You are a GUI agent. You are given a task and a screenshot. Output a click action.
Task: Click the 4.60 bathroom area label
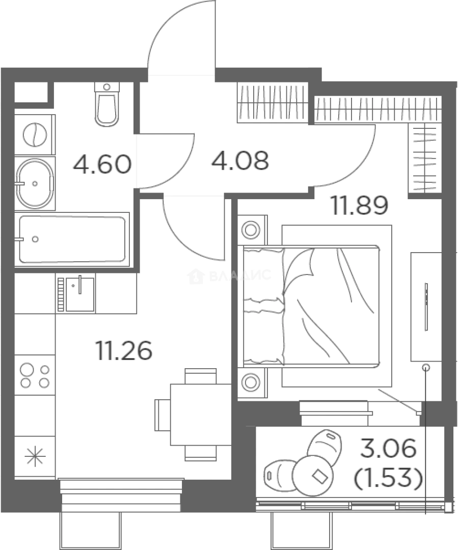coord(102,164)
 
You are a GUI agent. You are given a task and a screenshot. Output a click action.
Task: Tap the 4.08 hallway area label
coord(240,160)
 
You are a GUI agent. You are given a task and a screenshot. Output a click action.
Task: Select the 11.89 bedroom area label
coord(360,205)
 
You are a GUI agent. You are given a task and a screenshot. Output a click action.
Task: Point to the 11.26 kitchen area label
coord(124,350)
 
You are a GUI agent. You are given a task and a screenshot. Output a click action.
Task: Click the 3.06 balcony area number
coord(389,448)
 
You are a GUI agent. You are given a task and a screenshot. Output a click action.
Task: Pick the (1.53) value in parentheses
coord(388,478)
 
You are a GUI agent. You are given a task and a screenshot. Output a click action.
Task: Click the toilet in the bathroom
coord(106,104)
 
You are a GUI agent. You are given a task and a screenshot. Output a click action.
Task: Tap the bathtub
coord(72,239)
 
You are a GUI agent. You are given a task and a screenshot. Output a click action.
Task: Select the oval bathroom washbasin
coord(35,183)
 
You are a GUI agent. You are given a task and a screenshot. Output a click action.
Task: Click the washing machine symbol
coord(35,134)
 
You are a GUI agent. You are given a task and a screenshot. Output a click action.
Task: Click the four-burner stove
coord(35,375)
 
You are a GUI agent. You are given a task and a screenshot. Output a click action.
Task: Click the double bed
coord(311,306)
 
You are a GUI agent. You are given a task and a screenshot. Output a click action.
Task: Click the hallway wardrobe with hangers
coord(273,102)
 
